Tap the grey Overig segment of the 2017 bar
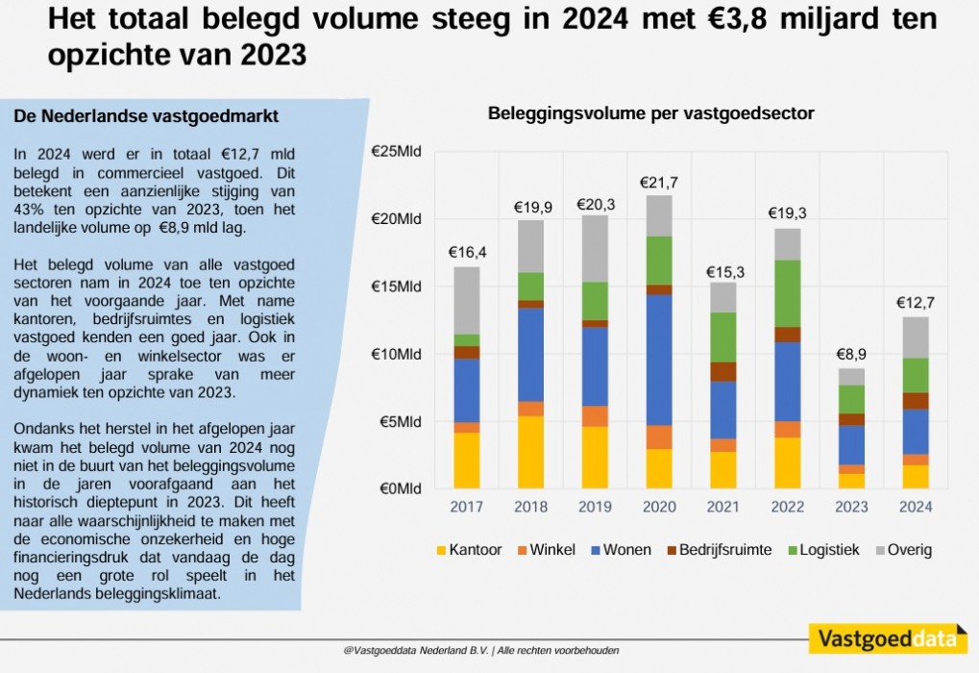point(467,300)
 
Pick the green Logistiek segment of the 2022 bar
point(788,293)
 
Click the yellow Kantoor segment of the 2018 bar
point(530,452)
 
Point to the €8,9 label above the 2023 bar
point(851,355)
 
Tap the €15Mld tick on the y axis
point(396,287)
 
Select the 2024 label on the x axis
point(915,507)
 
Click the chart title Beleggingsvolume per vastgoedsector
point(650,113)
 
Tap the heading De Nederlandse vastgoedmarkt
point(146,116)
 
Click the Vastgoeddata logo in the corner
point(887,638)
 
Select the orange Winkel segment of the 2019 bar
point(595,415)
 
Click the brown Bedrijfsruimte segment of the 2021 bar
point(723,372)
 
